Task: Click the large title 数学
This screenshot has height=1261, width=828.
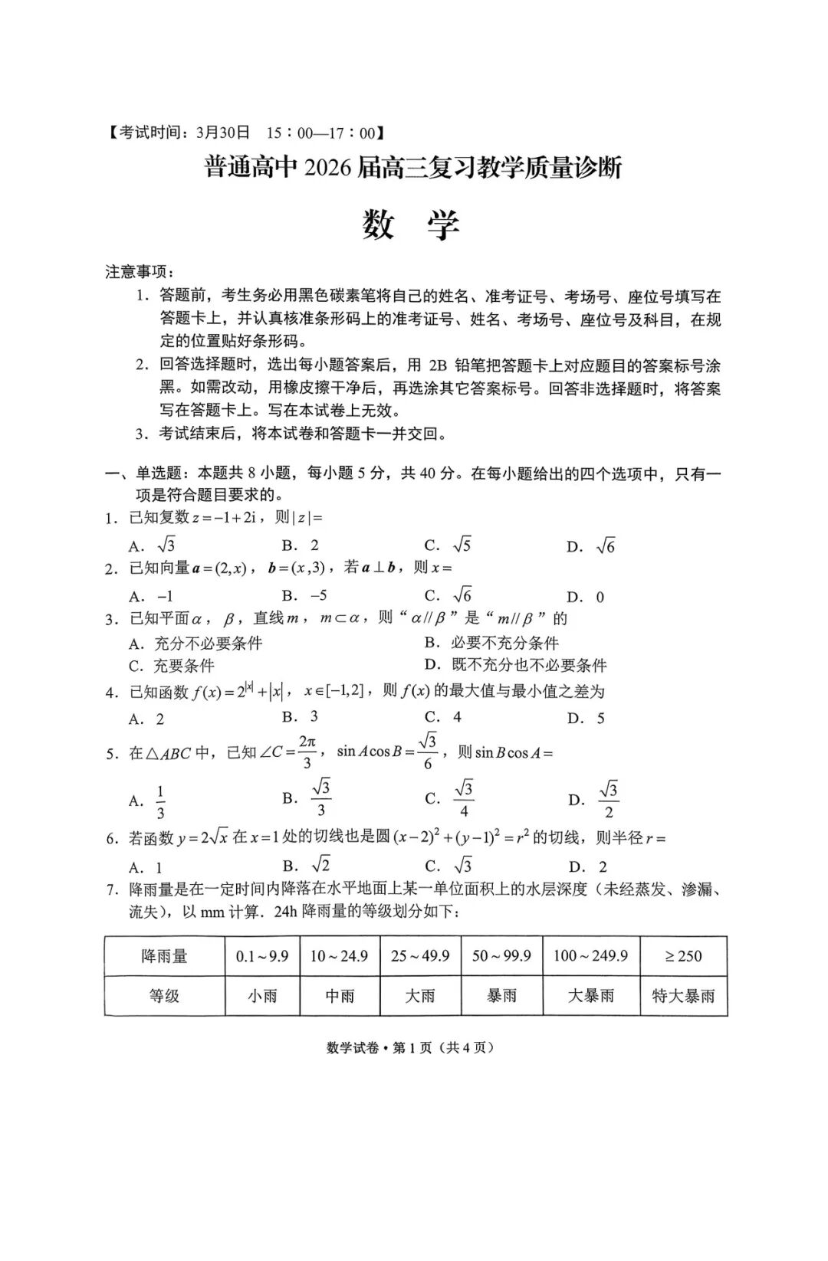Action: [412, 225]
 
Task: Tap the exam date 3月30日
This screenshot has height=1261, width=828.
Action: [224, 133]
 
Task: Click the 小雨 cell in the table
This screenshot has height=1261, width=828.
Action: [262, 996]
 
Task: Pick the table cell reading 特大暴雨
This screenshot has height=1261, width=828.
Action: [682, 996]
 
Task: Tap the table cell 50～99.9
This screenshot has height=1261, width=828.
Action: [501, 955]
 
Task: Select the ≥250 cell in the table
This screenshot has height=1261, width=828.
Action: [682, 955]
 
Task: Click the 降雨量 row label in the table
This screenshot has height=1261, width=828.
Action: [164, 955]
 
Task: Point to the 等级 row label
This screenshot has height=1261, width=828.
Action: [164, 996]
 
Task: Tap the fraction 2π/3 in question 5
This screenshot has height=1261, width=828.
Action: [307, 752]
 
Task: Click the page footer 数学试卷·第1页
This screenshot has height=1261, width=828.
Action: [368, 1047]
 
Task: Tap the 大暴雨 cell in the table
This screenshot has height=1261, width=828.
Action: [590, 996]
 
